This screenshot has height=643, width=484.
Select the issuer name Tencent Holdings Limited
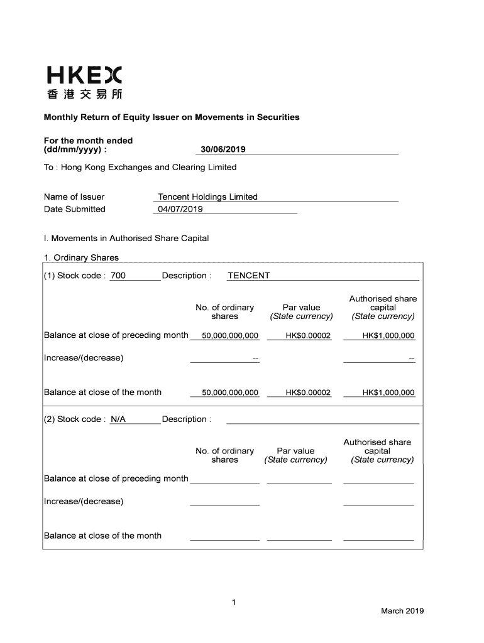click(x=207, y=197)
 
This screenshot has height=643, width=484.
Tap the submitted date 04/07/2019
click(x=180, y=209)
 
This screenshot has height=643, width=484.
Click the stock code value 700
click(x=118, y=276)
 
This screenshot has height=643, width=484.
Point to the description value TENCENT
click(x=248, y=276)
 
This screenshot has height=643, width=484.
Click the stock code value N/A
click(x=118, y=419)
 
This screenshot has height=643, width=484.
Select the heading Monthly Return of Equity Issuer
click(x=171, y=117)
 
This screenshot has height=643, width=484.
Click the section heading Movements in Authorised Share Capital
click(x=126, y=239)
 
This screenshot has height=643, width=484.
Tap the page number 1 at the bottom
click(x=233, y=603)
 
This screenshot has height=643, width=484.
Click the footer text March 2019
click(x=402, y=611)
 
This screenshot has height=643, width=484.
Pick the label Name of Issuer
click(x=74, y=197)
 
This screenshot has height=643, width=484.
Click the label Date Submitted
click(x=74, y=209)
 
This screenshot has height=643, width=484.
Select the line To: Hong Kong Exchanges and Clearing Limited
click(x=140, y=167)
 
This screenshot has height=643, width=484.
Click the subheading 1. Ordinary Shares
click(x=81, y=257)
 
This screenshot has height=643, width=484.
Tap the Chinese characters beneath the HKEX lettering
click(x=84, y=95)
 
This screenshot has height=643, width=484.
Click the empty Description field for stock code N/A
click(x=322, y=419)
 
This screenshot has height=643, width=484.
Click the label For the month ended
click(x=88, y=141)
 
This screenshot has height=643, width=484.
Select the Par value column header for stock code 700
click(x=301, y=308)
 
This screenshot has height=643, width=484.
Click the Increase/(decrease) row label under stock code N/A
click(x=84, y=501)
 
